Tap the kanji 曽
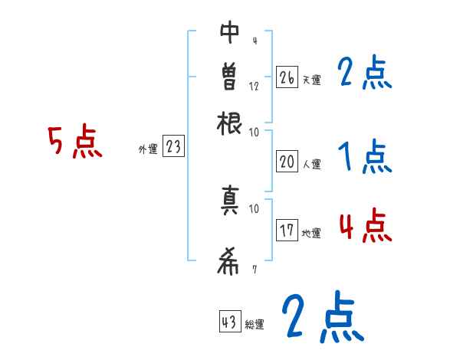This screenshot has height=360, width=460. (228, 77)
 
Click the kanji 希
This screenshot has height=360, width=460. (228, 262)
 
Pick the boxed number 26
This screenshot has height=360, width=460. (287, 77)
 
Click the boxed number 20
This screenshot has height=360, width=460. (287, 162)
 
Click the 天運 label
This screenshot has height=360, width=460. (311, 80)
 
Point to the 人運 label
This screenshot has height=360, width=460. (311, 164)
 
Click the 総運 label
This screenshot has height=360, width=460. (255, 325)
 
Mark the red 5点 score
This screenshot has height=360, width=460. (74, 142)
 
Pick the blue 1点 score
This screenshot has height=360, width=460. (365, 158)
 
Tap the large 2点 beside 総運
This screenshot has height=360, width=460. (322, 317)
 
